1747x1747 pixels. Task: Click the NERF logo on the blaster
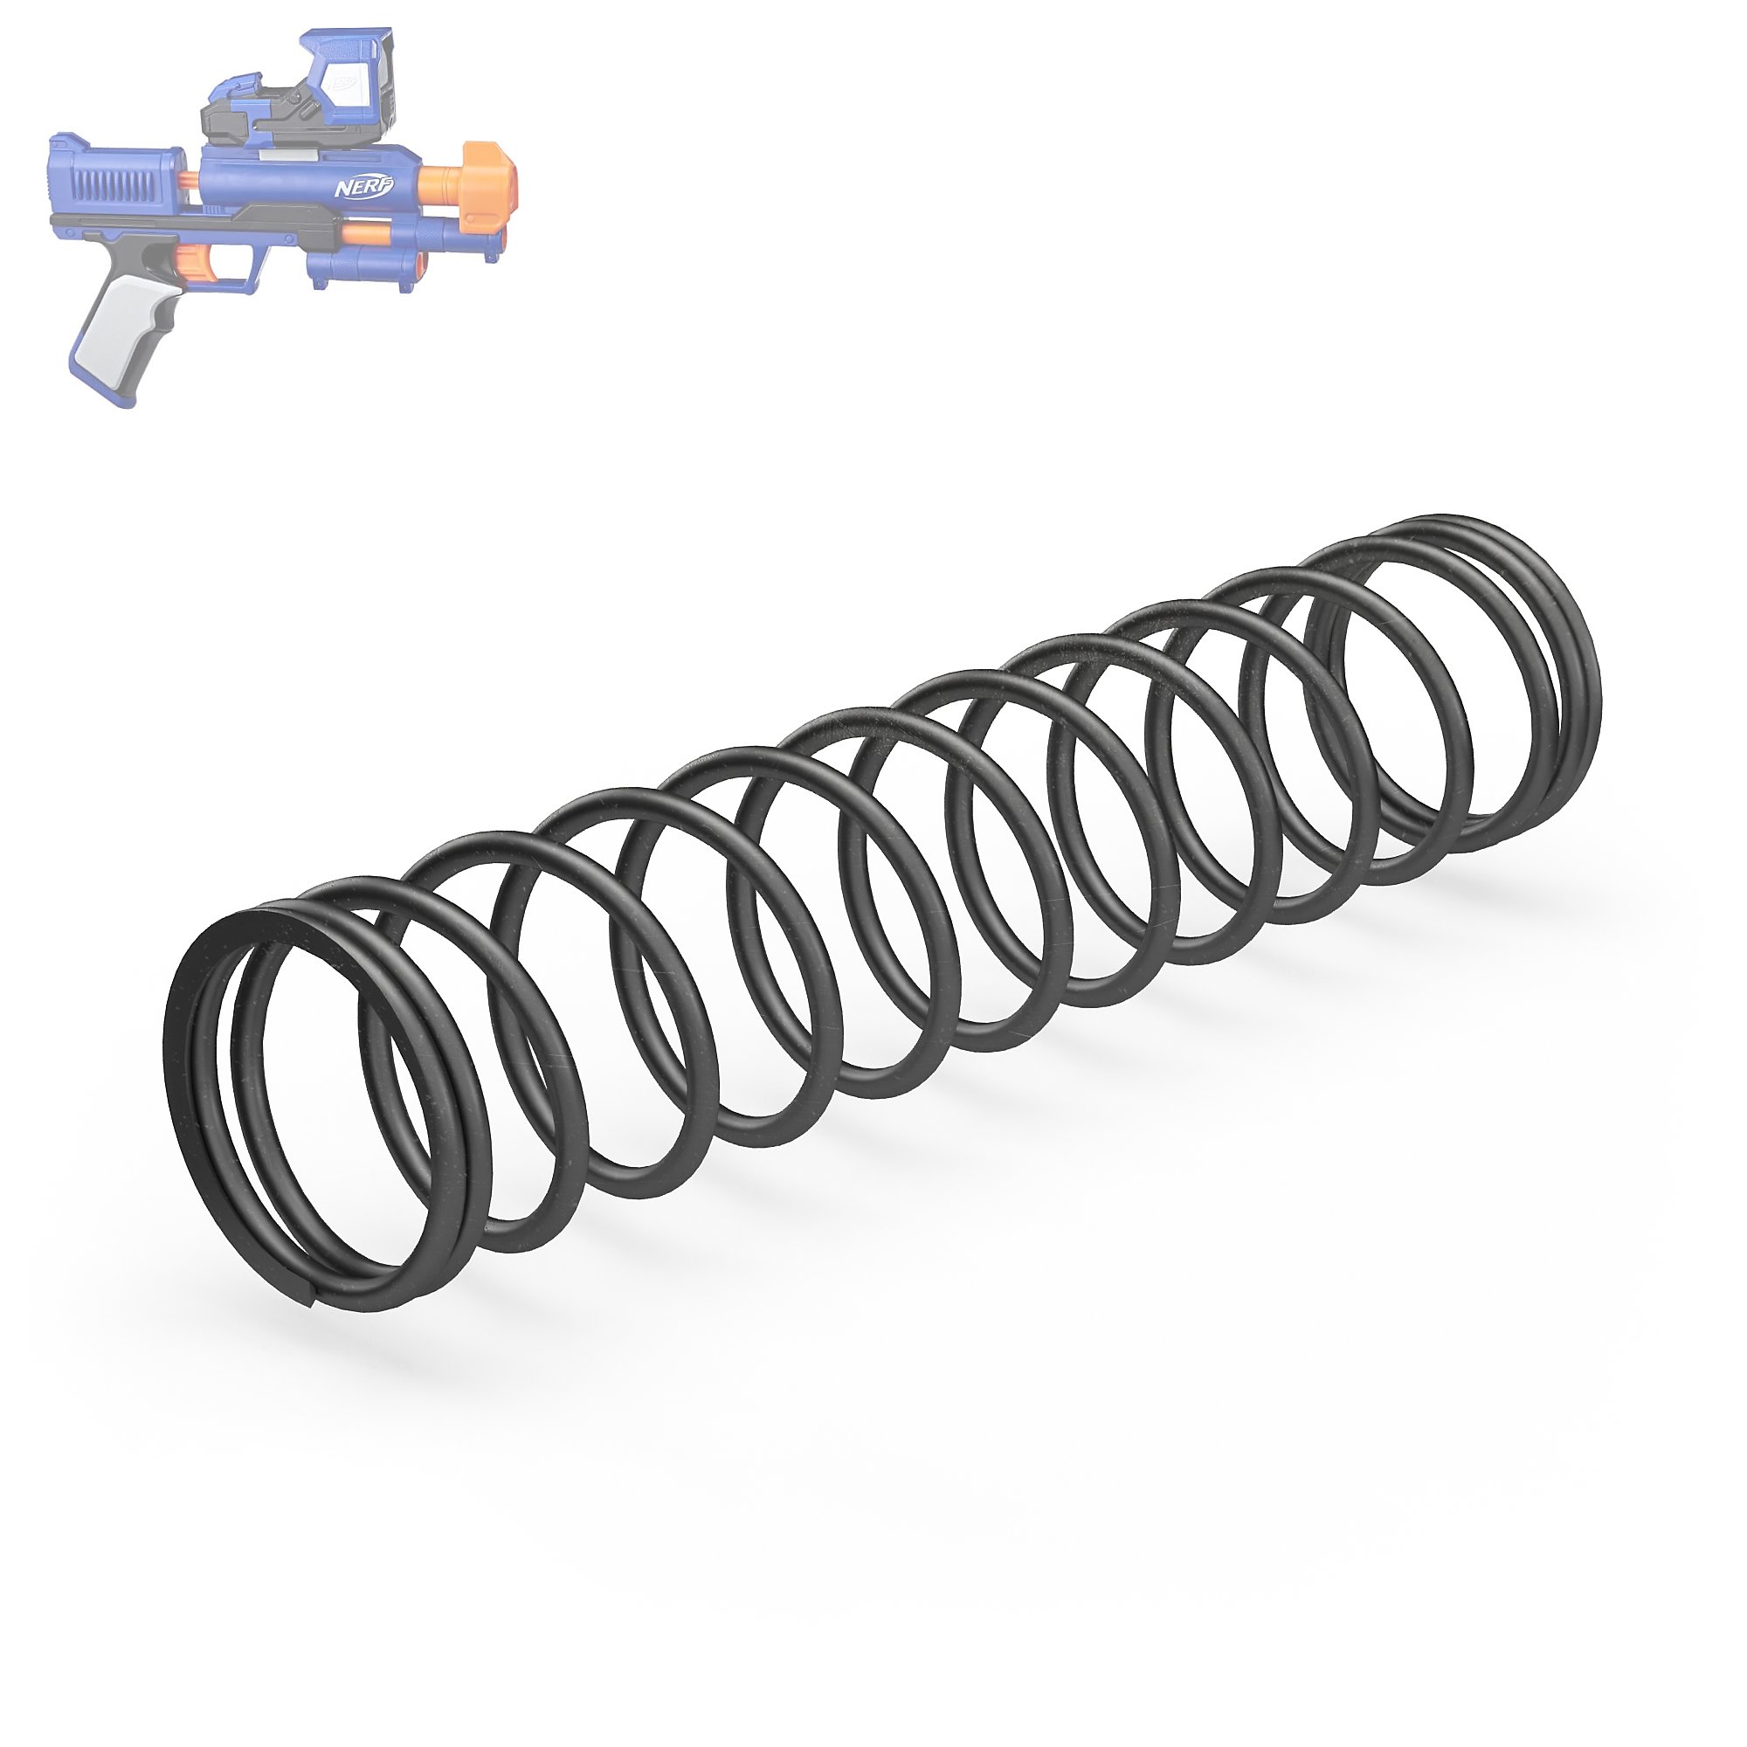364,187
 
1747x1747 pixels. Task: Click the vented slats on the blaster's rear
109,188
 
